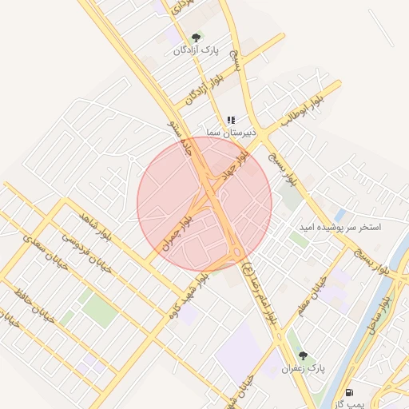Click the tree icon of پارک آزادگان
pos(196,38)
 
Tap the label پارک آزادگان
pos(196,50)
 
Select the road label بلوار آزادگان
pos(204,90)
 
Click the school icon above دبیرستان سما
pos(231,120)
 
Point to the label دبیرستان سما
pos(231,132)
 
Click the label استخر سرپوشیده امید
pos(340,227)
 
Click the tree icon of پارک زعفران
pos(302,355)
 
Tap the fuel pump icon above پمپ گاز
pos(349,392)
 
